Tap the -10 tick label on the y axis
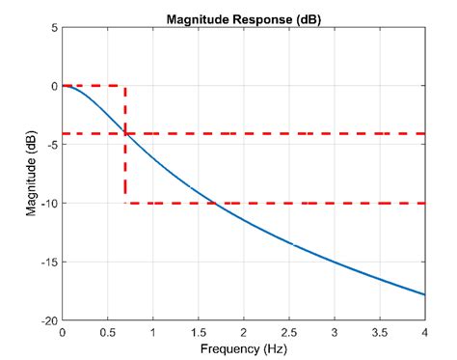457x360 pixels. click(49, 204)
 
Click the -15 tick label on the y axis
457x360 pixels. click(49, 262)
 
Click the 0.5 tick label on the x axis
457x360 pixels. click(107, 331)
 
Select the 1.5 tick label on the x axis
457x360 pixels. click(198, 331)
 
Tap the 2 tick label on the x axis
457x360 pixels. click(243, 331)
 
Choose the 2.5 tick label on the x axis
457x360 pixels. click(288, 331)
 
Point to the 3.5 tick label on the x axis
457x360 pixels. click(379, 331)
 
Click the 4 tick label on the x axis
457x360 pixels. click(424, 331)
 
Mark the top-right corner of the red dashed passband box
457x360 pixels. click(125, 86)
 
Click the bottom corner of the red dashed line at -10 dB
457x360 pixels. click(125, 203)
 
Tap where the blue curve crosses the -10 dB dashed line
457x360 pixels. click(211, 203)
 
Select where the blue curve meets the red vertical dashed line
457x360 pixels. click(125, 133)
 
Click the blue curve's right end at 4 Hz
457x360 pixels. click(424, 294)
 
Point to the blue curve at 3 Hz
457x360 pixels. click(334, 261)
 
